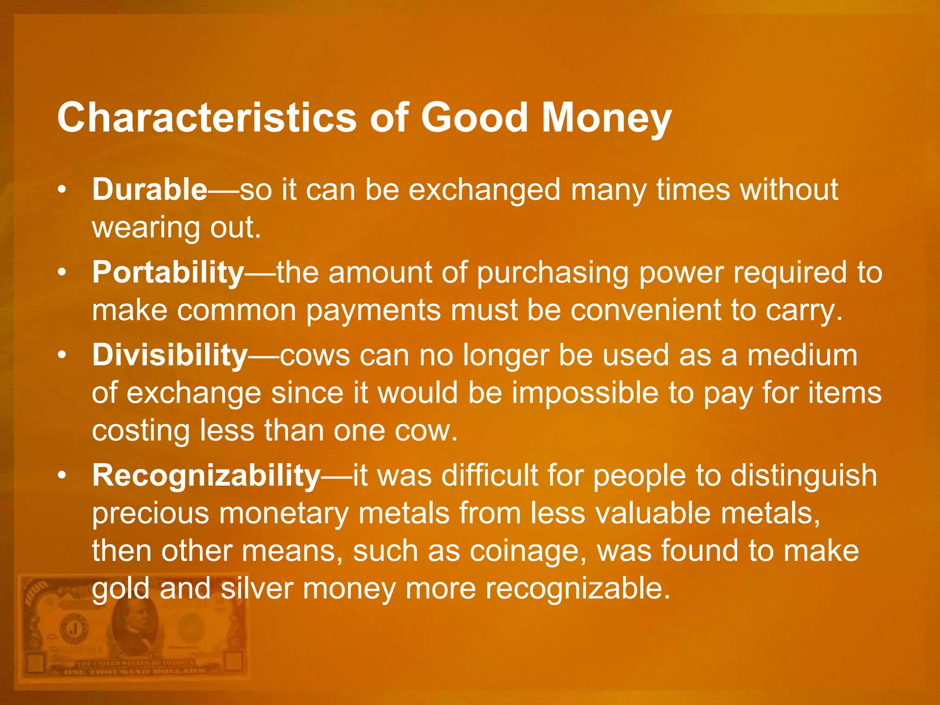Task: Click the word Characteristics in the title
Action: point(207,118)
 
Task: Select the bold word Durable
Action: point(150,189)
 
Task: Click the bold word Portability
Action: point(168,272)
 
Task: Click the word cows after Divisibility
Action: point(315,356)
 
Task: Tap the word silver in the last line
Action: point(257,588)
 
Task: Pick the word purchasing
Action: point(553,273)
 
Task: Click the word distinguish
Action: point(803,476)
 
